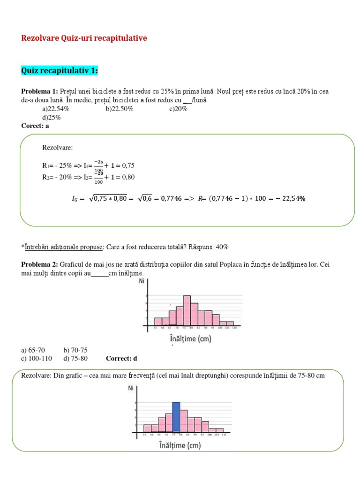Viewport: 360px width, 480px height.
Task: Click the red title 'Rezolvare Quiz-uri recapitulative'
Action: tap(84, 38)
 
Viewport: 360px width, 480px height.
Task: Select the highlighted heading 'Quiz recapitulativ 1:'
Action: tap(59, 71)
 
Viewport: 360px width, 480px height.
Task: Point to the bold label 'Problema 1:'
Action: tap(39, 91)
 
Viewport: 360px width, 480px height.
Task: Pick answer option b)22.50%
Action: tap(120, 109)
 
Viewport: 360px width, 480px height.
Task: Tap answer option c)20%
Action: tap(178, 109)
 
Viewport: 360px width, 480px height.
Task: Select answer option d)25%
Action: tap(51, 117)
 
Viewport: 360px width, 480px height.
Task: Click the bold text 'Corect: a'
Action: tap(35, 126)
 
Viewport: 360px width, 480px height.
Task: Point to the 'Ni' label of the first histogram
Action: tap(142, 282)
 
